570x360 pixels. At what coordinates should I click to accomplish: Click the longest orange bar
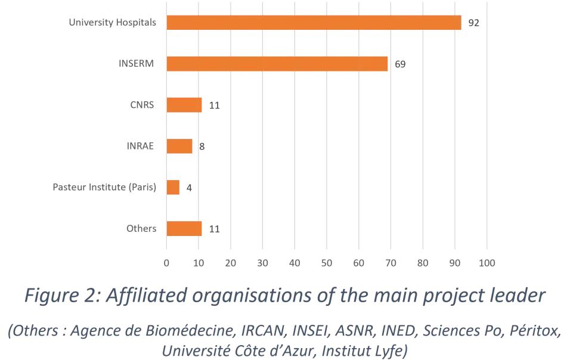[x=314, y=23]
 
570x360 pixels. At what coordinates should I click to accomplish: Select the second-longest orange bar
[x=278, y=63]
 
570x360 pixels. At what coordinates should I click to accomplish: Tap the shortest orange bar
[x=174, y=187]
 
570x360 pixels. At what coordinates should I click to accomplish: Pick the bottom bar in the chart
[x=185, y=228]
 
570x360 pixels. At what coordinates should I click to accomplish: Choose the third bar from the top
[x=185, y=105]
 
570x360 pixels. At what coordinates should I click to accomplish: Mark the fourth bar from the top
[x=181, y=146]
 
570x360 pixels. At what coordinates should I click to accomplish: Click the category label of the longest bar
[x=112, y=23]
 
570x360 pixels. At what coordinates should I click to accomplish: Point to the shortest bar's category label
[x=105, y=187]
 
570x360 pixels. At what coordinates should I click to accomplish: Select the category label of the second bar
[x=138, y=63]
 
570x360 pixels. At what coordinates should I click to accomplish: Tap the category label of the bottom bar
[x=141, y=228]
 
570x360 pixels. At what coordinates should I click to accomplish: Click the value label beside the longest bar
[x=474, y=23]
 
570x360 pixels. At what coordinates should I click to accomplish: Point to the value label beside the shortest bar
[x=191, y=187]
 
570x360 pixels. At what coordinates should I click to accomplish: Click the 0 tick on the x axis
[x=167, y=261]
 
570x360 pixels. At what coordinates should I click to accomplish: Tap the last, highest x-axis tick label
[x=487, y=261]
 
